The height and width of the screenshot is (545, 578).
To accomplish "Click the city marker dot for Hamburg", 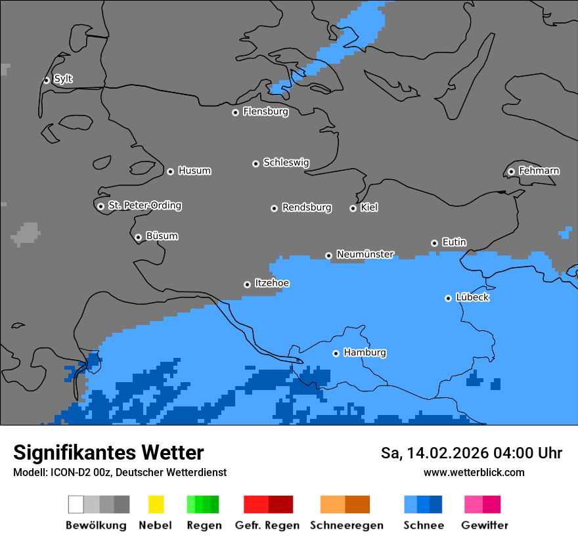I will coord(336,353).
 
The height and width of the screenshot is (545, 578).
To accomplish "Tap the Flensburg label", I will coord(265,112).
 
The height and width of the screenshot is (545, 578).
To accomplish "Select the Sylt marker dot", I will coord(47,80).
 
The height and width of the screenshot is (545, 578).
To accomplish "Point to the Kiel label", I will coord(369,207).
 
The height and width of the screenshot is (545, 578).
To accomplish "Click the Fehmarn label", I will coord(539,171).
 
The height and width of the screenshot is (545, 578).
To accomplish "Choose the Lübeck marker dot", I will coord(448,298).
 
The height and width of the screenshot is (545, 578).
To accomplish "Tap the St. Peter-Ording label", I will coord(144,206).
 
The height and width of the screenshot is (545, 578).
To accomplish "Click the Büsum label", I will coord(162,236).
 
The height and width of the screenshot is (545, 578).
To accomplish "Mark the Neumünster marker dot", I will coord(328,255).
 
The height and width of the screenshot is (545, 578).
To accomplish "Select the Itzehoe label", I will coord(272,283).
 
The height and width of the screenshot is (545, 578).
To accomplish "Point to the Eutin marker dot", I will coord(434,243).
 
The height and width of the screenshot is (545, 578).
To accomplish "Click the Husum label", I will coord(194,171).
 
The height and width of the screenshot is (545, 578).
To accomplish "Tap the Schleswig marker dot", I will coord(256,163).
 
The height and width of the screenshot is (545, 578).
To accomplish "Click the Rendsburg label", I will coord(307,207).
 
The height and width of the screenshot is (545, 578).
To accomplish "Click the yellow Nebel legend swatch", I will coord(156,504).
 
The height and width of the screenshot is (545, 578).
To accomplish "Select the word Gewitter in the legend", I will coord(485,525).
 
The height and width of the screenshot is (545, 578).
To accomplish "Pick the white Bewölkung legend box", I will coord(76,504).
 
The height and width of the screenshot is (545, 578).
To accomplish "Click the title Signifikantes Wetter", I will coord(108,453).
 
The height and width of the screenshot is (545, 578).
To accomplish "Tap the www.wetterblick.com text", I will coord(474,472).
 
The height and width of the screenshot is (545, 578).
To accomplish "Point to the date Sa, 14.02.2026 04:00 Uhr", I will coord(471,453).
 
